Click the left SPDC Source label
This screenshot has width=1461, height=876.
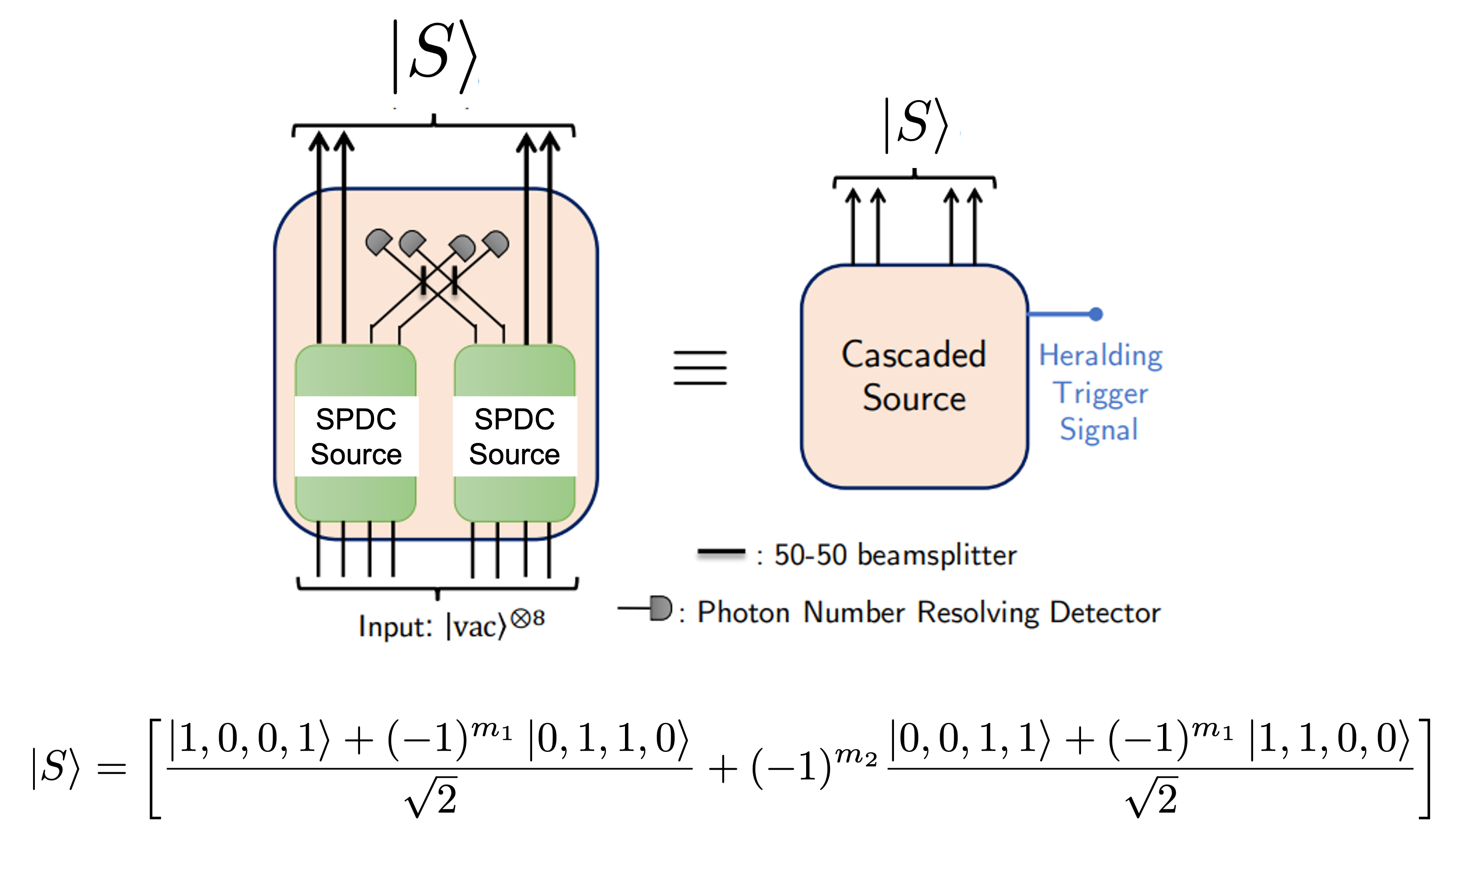[356, 436]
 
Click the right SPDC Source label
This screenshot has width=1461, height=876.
[514, 436]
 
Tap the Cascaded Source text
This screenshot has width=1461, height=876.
[913, 376]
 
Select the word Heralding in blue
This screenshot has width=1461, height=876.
[1101, 356]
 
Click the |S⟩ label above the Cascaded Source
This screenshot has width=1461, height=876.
[915, 125]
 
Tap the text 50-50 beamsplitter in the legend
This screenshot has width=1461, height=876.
[895, 555]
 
